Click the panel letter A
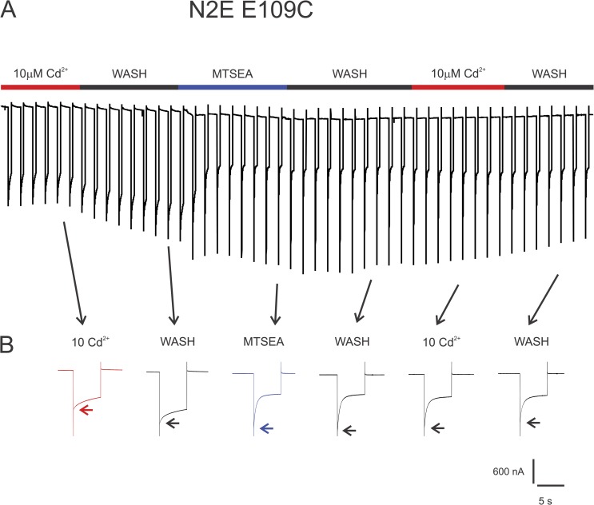pos(10,14)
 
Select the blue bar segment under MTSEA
pos(232,85)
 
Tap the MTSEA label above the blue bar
pos(233,74)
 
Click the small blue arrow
pos(267,429)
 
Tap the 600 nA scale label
pos(508,471)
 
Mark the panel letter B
pos(9,348)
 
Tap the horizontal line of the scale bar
pos(550,485)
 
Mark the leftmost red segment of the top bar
pos(40,85)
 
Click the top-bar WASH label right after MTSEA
pos(349,74)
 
